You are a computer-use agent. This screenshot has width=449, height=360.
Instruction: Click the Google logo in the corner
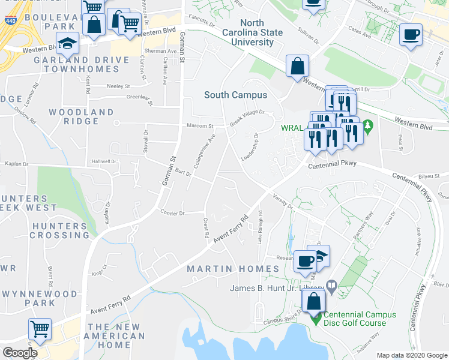pyautogui.click(x=20, y=353)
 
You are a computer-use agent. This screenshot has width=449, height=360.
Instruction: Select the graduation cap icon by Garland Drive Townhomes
pyautogui.click(x=67, y=43)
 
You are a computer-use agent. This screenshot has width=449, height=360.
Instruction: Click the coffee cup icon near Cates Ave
pyautogui.click(x=411, y=34)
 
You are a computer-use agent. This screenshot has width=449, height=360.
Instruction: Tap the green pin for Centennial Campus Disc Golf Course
pyautogui.click(x=315, y=319)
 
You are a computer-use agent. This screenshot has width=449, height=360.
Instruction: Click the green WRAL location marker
pyautogui.click(x=368, y=127)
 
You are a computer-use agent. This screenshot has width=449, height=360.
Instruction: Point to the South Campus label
pyautogui.click(x=235, y=95)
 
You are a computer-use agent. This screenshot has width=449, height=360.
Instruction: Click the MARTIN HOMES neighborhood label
pyautogui.click(x=233, y=268)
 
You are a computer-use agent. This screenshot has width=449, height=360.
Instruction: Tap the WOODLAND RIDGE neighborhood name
pyautogui.click(x=82, y=116)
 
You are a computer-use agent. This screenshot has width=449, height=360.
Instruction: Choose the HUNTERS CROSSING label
pyautogui.click(x=60, y=231)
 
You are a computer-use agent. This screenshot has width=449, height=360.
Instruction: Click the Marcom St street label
pyautogui.click(x=202, y=126)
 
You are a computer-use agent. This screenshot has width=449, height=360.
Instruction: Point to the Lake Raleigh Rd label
pyautogui.click(x=261, y=226)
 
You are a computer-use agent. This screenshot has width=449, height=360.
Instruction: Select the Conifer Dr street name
pyautogui.click(x=175, y=212)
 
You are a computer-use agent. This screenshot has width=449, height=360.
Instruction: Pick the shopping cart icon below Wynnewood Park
pyautogui.click(x=40, y=329)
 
